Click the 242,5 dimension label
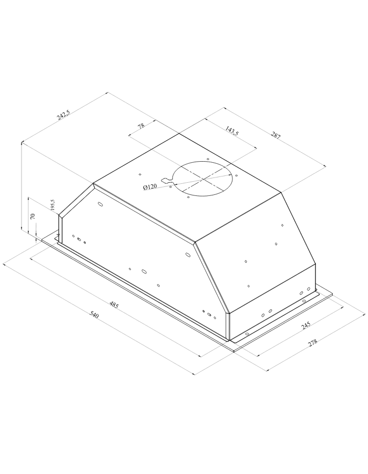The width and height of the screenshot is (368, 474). tap(64, 115)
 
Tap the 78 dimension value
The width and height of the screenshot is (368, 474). tap(141, 126)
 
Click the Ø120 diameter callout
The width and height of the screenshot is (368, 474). tap(150, 186)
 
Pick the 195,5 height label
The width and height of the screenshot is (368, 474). tap(53, 205)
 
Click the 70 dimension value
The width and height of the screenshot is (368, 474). tap(33, 216)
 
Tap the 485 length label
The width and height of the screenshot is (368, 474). tap(114, 305)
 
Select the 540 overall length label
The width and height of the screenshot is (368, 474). tap(95, 315)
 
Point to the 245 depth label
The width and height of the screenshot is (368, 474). tap(305, 325)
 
